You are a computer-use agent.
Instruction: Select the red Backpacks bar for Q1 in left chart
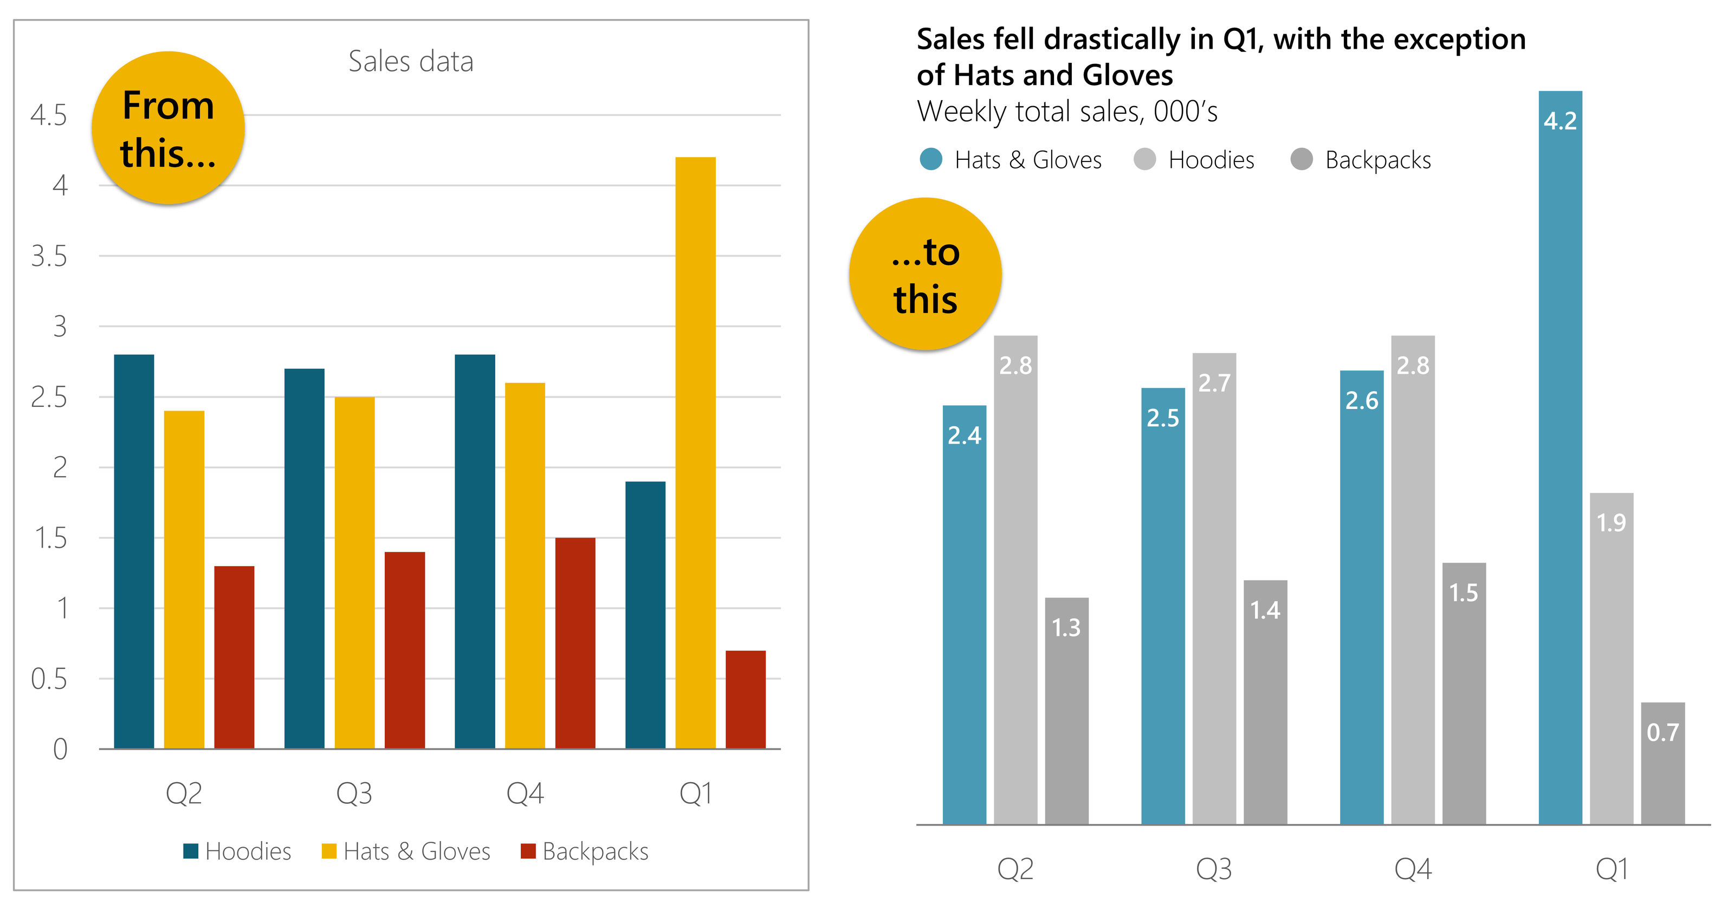tap(745, 699)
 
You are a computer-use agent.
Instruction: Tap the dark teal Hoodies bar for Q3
tap(304, 558)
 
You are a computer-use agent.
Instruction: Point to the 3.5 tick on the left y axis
tap(49, 256)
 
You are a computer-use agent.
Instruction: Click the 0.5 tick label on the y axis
tap(49, 679)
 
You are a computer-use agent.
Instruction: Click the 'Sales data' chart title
tap(411, 61)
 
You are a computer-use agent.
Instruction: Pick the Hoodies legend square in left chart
tap(191, 851)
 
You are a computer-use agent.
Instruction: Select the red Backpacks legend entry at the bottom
tap(584, 851)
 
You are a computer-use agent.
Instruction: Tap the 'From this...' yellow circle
tap(169, 128)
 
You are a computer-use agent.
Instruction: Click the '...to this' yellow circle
tap(925, 274)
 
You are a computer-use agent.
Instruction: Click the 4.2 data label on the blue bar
tap(1560, 121)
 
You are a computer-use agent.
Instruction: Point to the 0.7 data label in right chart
tap(1662, 732)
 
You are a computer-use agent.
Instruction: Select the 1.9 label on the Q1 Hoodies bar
tap(1611, 522)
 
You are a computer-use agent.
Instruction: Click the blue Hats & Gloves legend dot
tap(931, 159)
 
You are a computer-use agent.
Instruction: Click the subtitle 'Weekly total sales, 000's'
tap(1067, 111)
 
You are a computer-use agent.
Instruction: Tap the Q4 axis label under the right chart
tap(1412, 869)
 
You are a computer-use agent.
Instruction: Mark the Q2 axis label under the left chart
tap(184, 793)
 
